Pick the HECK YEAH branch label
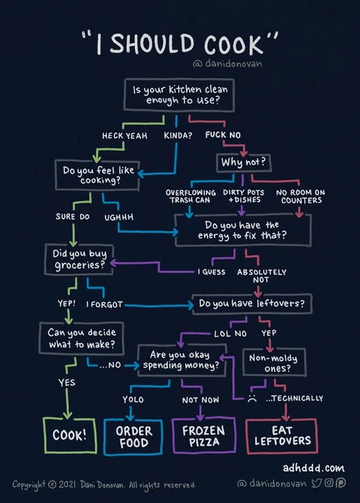(125, 136)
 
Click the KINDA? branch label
(178, 136)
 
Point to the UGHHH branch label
(119, 217)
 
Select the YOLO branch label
(133, 400)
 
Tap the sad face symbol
(252, 399)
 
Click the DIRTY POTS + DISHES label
(244, 196)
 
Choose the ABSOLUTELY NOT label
(261, 276)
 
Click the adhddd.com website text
(313, 468)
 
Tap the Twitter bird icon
(317, 483)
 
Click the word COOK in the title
(233, 44)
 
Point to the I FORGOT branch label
(104, 305)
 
